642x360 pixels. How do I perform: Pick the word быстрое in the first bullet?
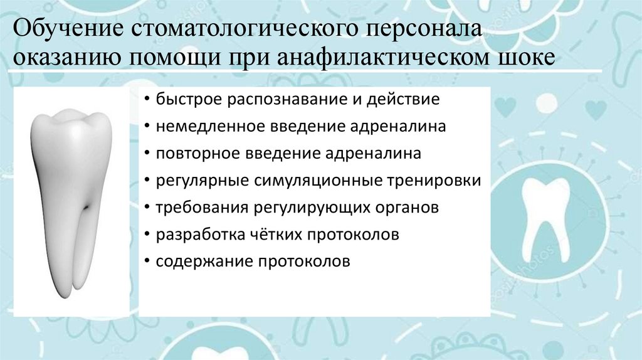pos(189,100)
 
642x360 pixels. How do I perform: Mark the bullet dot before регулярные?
pos(146,181)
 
